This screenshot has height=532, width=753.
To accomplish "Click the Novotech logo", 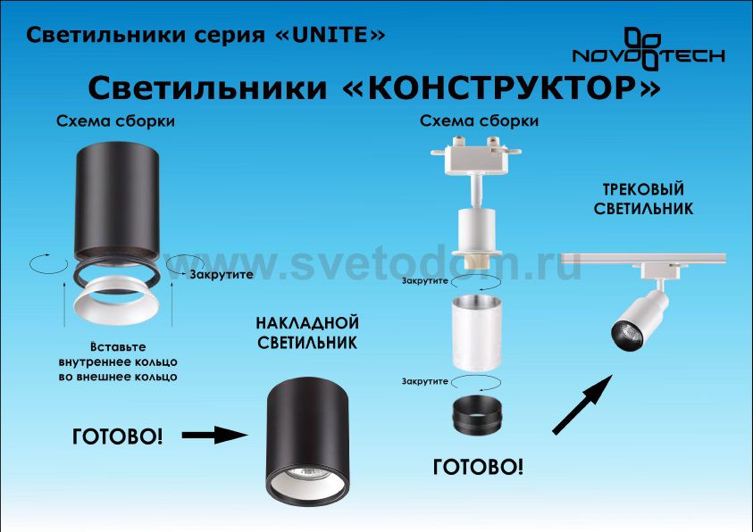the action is click(648, 48).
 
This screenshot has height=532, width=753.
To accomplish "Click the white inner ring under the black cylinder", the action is click(117, 302).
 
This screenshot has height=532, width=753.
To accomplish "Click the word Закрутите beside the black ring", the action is click(222, 275).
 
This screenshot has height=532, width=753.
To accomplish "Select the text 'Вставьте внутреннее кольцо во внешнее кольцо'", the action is click(118, 362).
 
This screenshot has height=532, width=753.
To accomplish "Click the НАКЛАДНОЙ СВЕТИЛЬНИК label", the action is click(307, 332).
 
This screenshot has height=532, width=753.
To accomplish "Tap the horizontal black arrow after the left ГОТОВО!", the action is click(214, 435).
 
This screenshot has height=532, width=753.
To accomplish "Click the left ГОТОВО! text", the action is click(117, 436).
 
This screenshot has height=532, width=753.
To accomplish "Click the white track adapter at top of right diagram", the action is click(475, 156).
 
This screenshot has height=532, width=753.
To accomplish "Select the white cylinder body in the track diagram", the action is click(476, 332).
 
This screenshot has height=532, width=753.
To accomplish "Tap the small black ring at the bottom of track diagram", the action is click(477, 415).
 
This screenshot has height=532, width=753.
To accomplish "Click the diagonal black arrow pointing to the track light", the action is click(582, 405).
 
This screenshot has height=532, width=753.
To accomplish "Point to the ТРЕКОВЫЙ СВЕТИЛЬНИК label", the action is click(643, 198).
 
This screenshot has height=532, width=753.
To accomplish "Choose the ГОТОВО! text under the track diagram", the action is click(478, 467).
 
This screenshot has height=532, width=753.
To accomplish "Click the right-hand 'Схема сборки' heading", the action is click(480, 121).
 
